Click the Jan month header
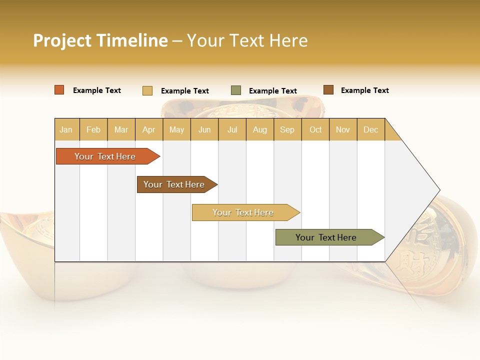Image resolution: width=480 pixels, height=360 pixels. pyautogui.click(x=66, y=129)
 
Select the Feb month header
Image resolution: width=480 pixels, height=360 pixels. pyautogui.click(x=93, y=129)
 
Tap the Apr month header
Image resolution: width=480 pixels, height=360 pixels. pyautogui.click(x=149, y=129)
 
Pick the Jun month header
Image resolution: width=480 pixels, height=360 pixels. pyautogui.click(x=204, y=129)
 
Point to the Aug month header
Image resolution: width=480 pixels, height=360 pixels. pyautogui.click(x=260, y=129)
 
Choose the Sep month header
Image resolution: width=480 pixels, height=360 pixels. pyautogui.click(x=287, y=129)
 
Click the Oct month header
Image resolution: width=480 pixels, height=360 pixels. pyautogui.click(x=315, y=129)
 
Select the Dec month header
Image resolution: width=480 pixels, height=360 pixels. pyautogui.click(x=371, y=129)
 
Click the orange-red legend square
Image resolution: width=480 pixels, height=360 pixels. pyautogui.click(x=59, y=90)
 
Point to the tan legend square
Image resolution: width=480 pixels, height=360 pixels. pyautogui.click(x=147, y=90)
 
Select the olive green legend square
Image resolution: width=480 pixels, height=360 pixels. pyautogui.click(x=236, y=90)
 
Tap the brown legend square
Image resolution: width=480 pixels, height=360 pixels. pyautogui.click(x=328, y=90)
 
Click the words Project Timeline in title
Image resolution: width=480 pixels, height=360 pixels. pyautogui.click(x=100, y=40)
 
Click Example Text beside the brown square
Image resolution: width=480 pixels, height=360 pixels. pyautogui.click(x=365, y=90)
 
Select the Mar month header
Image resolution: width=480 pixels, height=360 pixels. pyautogui.click(x=121, y=129)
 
